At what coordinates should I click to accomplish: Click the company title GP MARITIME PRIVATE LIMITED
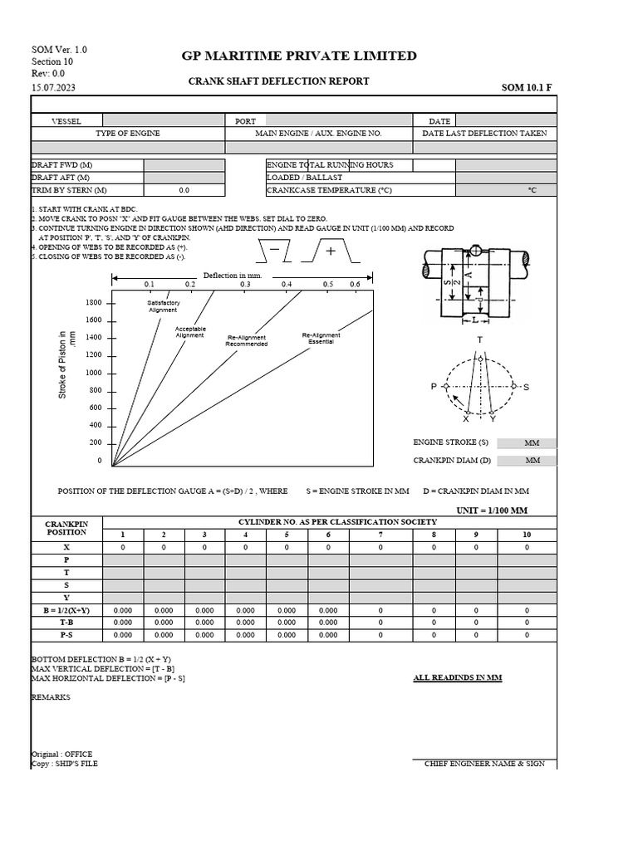pyautogui.click(x=299, y=56)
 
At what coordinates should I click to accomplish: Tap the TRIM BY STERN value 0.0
pyautogui.click(x=184, y=190)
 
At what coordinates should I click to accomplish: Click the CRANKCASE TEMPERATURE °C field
pyautogui.click(x=505, y=190)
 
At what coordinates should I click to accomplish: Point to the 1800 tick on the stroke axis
pyautogui.click(x=93, y=303)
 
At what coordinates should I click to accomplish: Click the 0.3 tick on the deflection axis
pyautogui.click(x=245, y=284)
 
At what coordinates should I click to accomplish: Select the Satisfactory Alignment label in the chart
pyautogui.click(x=163, y=306)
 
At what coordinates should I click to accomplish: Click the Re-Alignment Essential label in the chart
pyautogui.click(x=321, y=339)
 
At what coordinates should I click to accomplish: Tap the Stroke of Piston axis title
pyautogui.click(x=66, y=364)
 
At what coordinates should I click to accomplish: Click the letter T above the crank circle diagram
pyautogui.click(x=479, y=340)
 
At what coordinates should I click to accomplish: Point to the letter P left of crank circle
pyautogui.click(x=433, y=387)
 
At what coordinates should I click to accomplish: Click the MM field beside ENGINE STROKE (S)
pyautogui.click(x=532, y=443)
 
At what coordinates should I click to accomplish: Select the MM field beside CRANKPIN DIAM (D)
pyautogui.click(x=532, y=460)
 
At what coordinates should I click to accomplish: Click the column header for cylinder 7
pyautogui.click(x=381, y=535)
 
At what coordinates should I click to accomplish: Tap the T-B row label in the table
pyautogui.click(x=66, y=621)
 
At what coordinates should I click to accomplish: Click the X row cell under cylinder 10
pyautogui.click(x=527, y=548)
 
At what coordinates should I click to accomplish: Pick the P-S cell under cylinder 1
pyautogui.click(x=123, y=635)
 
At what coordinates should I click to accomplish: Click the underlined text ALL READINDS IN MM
pyautogui.click(x=458, y=678)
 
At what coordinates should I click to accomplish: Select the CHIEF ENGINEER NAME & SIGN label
pyautogui.click(x=484, y=764)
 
